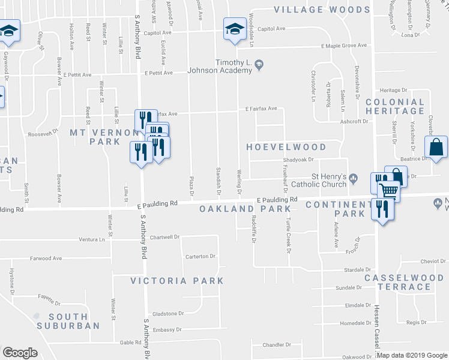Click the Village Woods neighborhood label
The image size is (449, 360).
click(322, 10)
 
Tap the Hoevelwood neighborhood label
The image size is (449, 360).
click(287, 147)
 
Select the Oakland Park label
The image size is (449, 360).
click(246, 209)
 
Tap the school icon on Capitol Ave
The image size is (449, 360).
click(234, 29)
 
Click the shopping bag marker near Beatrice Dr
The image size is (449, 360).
click(436, 148)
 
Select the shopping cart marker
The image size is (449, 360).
click(389, 191)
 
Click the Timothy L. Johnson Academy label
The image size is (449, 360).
click(220, 66)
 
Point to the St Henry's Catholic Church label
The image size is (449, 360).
click(328, 181)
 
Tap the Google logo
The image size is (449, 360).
click(20, 353)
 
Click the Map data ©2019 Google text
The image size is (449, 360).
click(412, 355)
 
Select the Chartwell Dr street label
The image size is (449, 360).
click(164, 237)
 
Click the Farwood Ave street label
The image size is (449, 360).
click(46, 259)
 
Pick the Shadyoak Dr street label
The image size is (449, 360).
click(298, 161)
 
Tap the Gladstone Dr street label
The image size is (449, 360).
click(167, 313)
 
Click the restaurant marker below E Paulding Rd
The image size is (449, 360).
click(381, 211)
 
